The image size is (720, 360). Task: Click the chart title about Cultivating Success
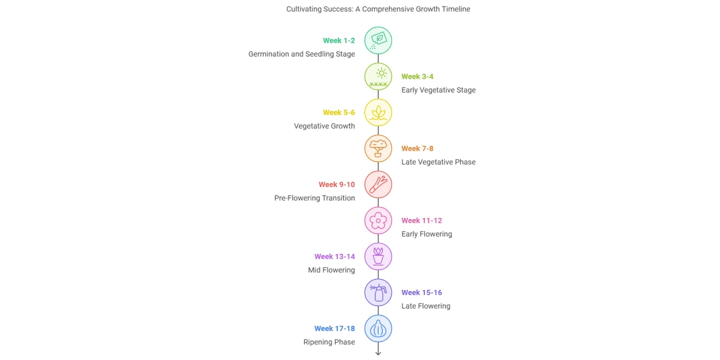(x=378, y=9)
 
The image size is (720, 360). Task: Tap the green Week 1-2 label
(x=339, y=41)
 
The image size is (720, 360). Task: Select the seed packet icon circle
(x=378, y=41)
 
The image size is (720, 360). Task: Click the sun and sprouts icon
(x=378, y=77)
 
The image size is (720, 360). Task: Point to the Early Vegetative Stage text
(x=439, y=90)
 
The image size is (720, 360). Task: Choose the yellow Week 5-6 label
(x=339, y=113)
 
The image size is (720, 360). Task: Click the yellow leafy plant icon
(x=378, y=113)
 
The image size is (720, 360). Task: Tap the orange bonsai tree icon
(x=378, y=149)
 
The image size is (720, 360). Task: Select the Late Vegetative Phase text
(x=439, y=162)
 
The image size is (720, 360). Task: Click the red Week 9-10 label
(x=337, y=185)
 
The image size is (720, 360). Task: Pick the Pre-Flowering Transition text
(x=315, y=198)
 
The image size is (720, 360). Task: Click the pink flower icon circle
(x=378, y=221)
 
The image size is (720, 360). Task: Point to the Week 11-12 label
(x=422, y=221)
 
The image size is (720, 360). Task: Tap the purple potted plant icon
(x=378, y=257)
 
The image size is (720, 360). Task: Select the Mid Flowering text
(x=332, y=270)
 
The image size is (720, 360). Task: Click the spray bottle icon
(x=378, y=293)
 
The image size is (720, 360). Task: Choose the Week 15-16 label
(x=422, y=293)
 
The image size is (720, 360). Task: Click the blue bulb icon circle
(x=378, y=329)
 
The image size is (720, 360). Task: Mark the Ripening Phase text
(x=329, y=342)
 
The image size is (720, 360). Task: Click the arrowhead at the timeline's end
(x=378, y=353)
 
